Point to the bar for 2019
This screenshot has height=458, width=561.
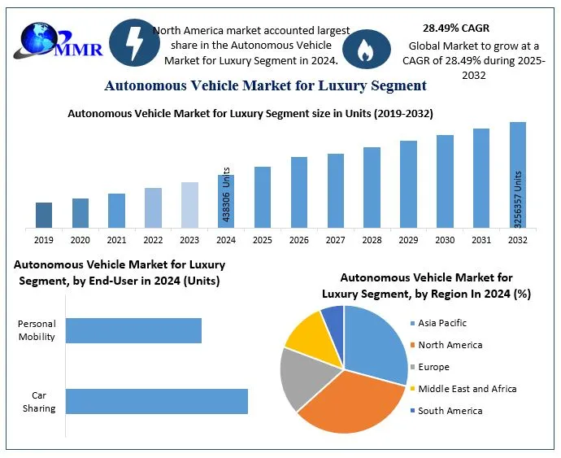44,215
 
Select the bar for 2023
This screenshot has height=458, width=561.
189,204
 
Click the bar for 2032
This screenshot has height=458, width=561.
518,174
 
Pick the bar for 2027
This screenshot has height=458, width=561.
336,190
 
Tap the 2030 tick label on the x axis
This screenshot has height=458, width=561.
445,240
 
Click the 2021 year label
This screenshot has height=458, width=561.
116,240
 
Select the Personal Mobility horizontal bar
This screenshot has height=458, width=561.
133,330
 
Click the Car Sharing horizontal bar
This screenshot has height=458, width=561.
156,402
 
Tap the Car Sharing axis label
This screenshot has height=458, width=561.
39,402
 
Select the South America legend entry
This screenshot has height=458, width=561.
450,411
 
